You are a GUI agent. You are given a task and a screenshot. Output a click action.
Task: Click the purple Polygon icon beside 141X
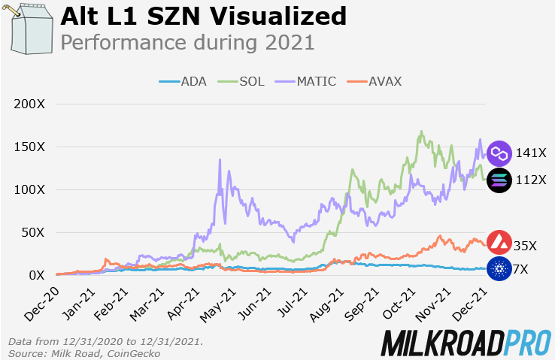pos(499,153)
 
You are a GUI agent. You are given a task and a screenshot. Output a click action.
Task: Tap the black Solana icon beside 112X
pos(499,180)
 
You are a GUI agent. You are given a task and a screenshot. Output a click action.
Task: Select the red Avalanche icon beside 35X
pos(499,244)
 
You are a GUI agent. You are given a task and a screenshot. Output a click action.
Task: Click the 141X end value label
pos(531,153)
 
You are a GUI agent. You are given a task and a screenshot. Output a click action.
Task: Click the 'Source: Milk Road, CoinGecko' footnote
pos(84,352)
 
